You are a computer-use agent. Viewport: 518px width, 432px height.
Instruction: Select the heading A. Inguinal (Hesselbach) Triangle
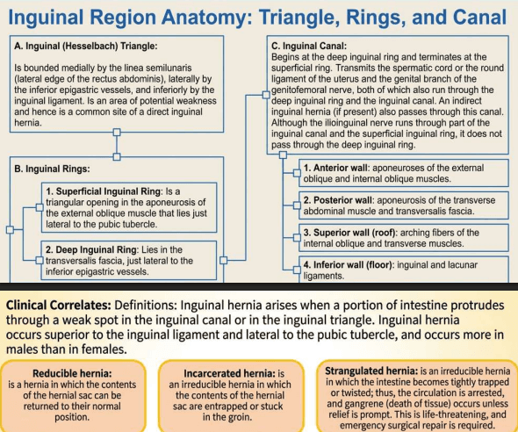point(86,46)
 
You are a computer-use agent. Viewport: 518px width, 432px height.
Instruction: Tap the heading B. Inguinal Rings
point(52,169)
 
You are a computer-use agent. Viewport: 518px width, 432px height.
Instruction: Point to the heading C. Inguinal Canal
point(309,46)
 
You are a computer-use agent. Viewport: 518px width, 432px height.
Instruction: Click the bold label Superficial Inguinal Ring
point(104,191)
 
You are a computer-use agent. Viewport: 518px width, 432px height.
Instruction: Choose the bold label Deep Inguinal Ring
point(91,249)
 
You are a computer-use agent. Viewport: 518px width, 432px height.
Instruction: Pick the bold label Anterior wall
point(335,168)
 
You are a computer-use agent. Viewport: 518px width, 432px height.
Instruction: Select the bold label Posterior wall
point(338,200)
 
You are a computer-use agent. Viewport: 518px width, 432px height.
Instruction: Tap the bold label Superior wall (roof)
point(349,233)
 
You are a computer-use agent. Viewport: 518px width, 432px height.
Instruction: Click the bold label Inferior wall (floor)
point(349,265)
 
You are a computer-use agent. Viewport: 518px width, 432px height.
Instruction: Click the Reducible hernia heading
point(72,373)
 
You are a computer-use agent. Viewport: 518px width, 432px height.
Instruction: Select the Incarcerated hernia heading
point(229,373)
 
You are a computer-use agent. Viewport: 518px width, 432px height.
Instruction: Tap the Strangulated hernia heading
point(371,371)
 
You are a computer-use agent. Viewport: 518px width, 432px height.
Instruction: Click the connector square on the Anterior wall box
point(297,173)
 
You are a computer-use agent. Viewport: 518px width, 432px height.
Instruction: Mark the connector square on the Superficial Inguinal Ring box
point(40,207)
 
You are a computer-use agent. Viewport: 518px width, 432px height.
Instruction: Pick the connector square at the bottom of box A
point(117,133)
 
